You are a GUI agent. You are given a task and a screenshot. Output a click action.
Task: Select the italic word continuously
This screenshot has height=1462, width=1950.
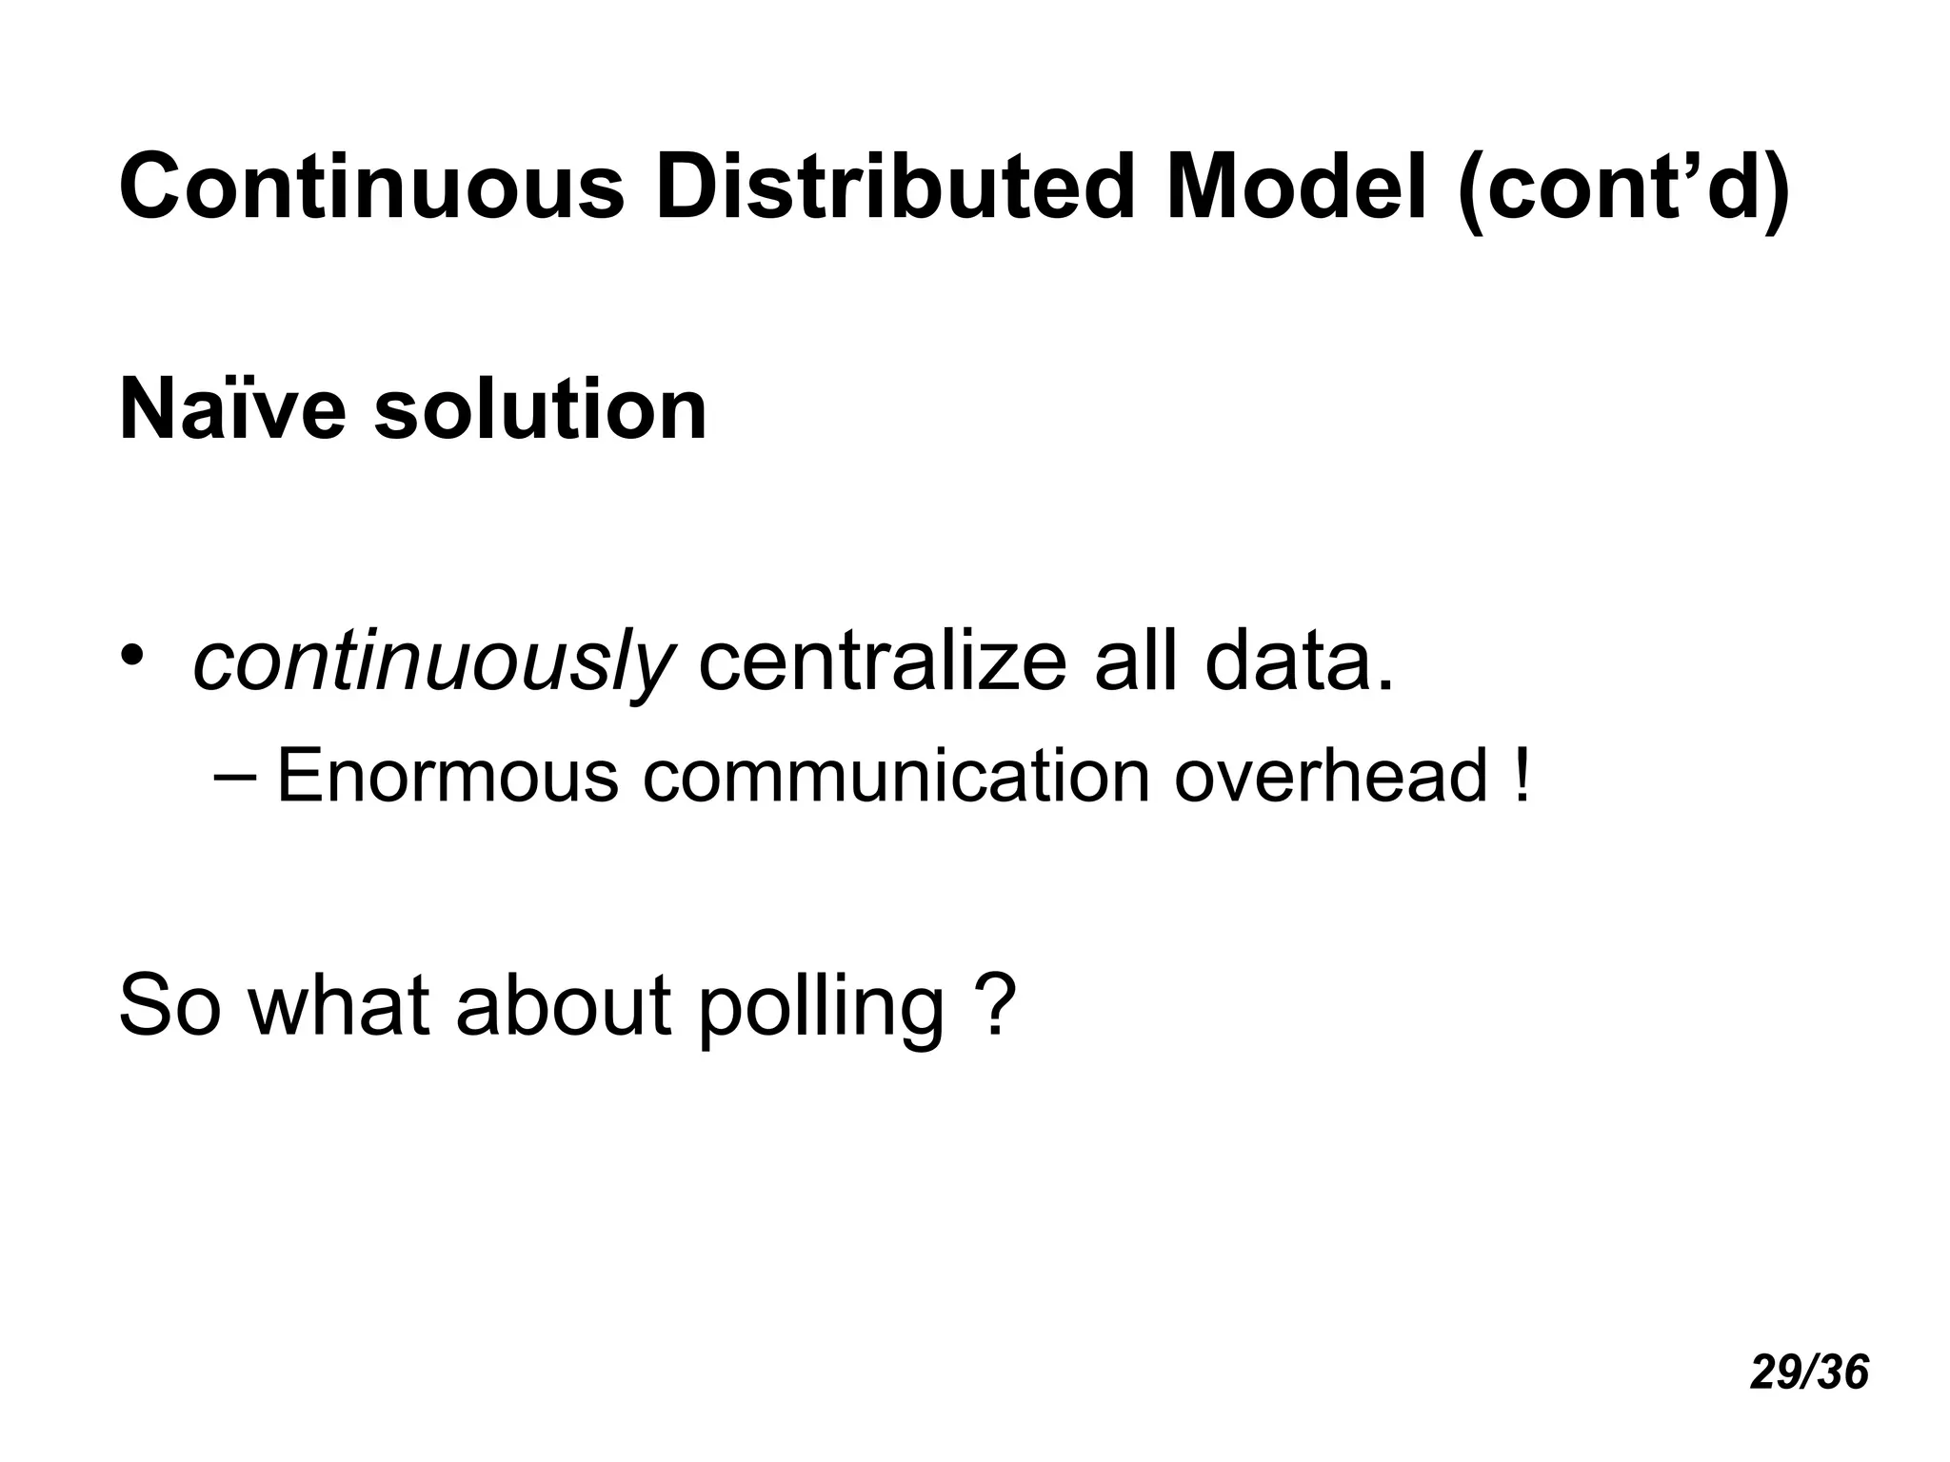click(x=433, y=662)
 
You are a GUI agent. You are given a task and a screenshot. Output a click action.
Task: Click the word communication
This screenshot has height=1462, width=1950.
click(x=896, y=776)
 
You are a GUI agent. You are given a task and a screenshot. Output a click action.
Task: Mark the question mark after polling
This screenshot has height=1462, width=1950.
click(x=996, y=1003)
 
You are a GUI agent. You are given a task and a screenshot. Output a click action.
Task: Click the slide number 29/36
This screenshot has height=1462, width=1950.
click(x=1809, y=1373)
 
